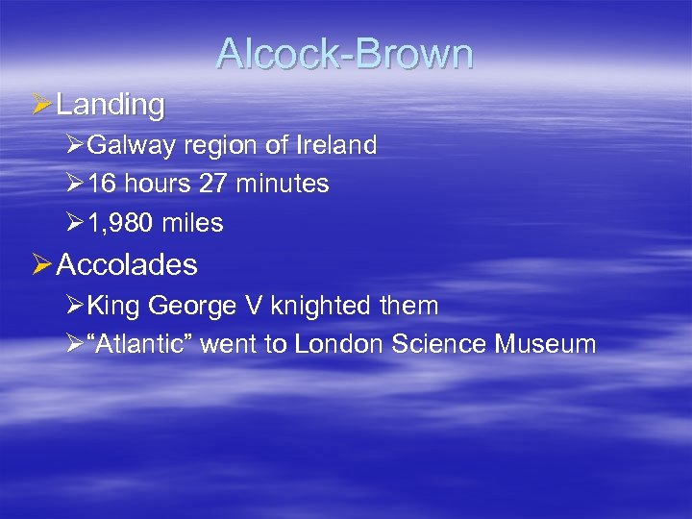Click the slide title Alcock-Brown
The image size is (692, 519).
345,54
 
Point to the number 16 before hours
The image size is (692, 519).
100,185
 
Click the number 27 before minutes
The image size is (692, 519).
218,185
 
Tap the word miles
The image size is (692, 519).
192,224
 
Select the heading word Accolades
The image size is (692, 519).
128,265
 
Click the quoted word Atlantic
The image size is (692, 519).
143,344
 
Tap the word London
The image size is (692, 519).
339,344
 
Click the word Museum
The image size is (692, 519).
546,344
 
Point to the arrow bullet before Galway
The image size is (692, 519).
76,146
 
